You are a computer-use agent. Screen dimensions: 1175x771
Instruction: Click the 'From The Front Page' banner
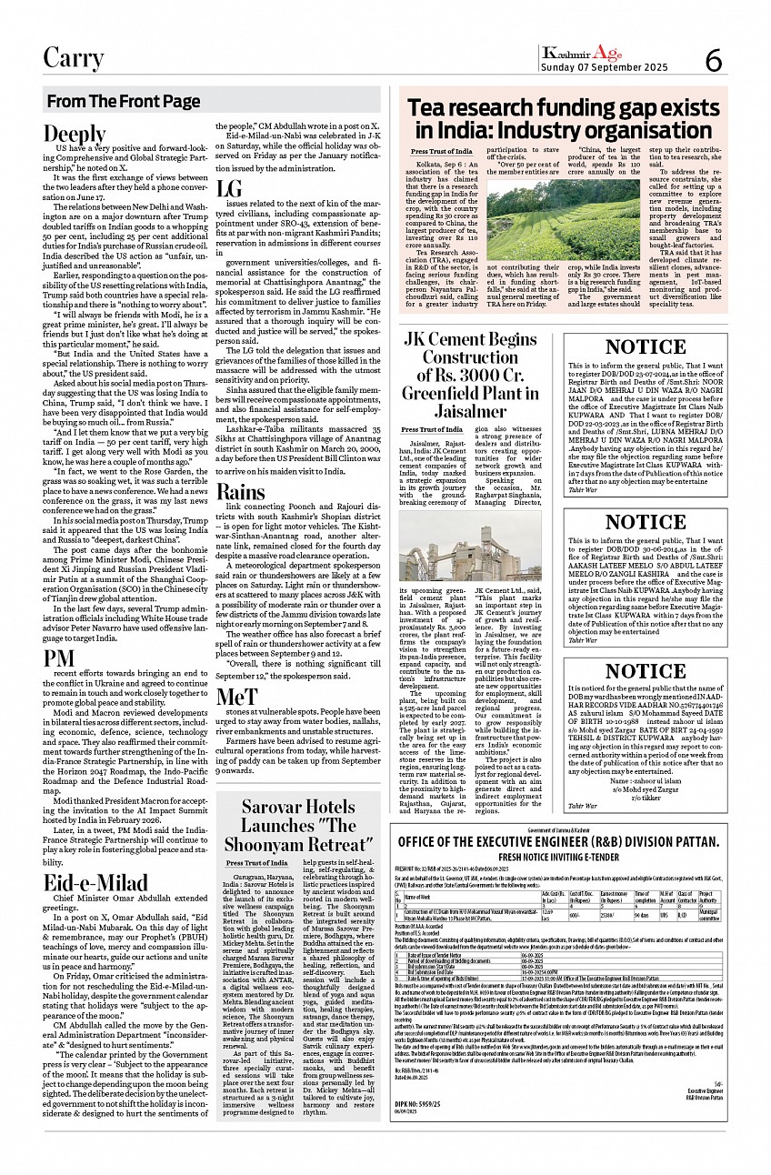[x=124, y=101]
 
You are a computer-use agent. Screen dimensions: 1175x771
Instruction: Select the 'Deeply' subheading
[x=68, y=134]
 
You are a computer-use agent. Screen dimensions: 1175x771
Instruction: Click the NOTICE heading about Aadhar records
[x=646, y=671]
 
